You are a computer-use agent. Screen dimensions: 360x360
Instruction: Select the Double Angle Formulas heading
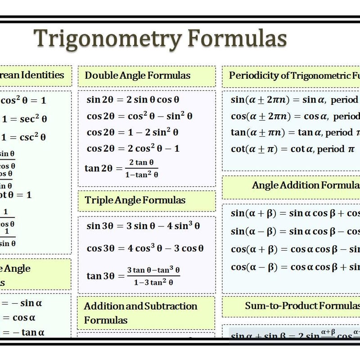[x=137, y=75]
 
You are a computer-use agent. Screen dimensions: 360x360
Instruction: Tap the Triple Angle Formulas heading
[x=135, y=200]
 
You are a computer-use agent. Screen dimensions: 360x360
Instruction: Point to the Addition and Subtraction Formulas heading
[x=140, y=313]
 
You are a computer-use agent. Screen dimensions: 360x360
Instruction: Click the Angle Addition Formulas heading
[x=306, y=185]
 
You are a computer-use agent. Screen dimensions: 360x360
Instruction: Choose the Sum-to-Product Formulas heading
[x=302, y=306]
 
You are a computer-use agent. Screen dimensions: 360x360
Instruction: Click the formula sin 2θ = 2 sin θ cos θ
[x=133, y=99]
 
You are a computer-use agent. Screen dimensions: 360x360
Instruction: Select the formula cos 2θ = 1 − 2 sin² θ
[x=132, y=132]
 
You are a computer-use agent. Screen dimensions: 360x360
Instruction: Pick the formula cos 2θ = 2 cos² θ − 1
[x=133, y=148]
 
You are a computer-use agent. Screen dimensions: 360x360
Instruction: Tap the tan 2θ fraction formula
[x=121, y=168]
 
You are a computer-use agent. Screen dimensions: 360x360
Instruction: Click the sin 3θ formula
[x=143, y=226]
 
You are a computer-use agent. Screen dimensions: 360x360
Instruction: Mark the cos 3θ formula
[x=145, y=248]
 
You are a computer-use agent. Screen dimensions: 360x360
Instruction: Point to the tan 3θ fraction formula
[x=132, y=276]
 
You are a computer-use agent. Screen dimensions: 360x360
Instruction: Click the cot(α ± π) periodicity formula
[x=292, y=148]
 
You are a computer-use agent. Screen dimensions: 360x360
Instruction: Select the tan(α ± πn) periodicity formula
[x=295, y=132]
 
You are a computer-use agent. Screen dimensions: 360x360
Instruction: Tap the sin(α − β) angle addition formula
[x=295, y=231]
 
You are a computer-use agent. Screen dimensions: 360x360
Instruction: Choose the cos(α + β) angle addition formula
[x=295, y=249]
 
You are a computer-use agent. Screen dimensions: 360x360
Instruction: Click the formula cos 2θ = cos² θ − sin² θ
[x=139, y=116]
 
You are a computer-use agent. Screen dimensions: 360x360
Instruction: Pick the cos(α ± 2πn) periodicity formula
[x=295, y=116]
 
